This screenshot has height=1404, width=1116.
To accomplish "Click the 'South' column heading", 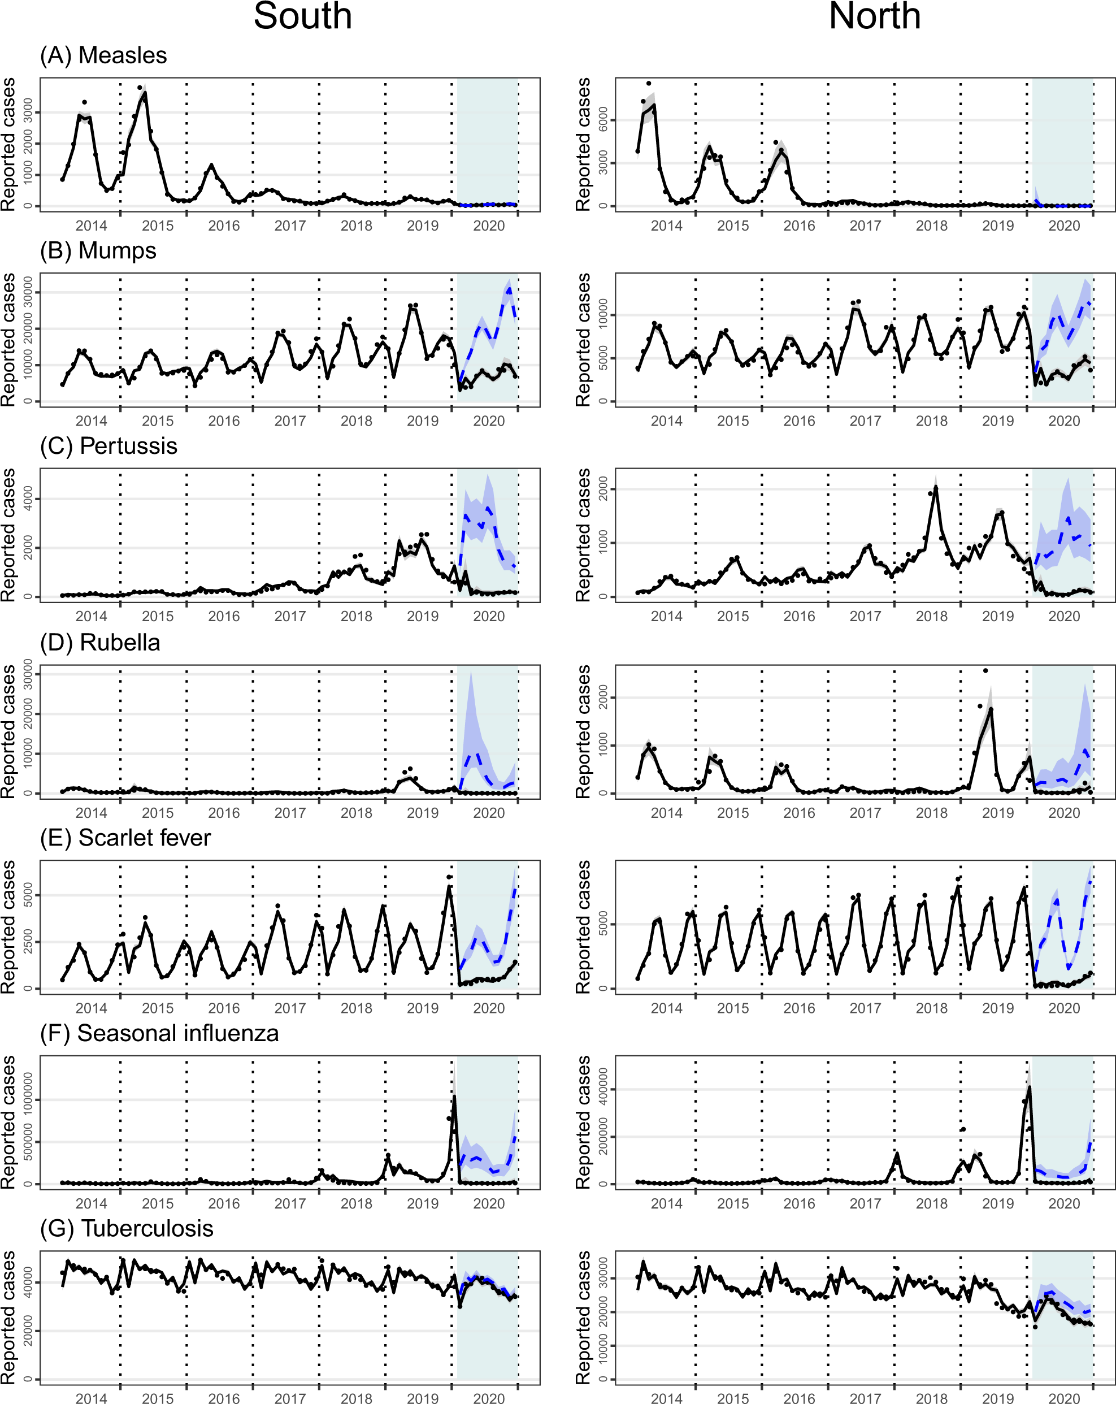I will (x=302, y=16).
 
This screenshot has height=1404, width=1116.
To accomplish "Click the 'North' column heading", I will (x=875, y=16).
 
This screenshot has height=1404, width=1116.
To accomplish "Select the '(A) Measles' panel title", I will (x=103, y=55).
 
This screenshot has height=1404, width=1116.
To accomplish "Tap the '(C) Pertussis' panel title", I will (x=108, y=446).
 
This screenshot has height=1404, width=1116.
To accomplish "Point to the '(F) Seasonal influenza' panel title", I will (x=159, y=1033).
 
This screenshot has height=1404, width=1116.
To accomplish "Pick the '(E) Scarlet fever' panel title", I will (x=125, y=838).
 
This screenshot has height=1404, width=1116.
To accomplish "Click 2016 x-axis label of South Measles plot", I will (x=223, y=226).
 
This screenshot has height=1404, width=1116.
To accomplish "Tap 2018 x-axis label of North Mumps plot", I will (x=931, y=421).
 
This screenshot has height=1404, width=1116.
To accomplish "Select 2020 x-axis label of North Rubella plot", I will (x=1063, y=813).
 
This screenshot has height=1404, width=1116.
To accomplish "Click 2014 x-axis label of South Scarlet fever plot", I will (x=90, y=1009).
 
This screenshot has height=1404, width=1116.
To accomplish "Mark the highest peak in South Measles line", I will (x=145, y=93).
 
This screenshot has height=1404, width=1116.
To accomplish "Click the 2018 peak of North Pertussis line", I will (x=936, y=487).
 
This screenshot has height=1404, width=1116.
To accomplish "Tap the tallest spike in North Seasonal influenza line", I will (x=1030, y=1086).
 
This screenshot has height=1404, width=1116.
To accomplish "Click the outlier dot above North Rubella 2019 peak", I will (x=985, y=671).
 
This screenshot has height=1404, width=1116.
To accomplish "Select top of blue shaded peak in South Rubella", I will (x=470, y=672).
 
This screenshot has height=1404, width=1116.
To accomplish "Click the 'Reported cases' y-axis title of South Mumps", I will (x=8, y=340).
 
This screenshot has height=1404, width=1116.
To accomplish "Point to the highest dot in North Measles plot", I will (x=649, y=83).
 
